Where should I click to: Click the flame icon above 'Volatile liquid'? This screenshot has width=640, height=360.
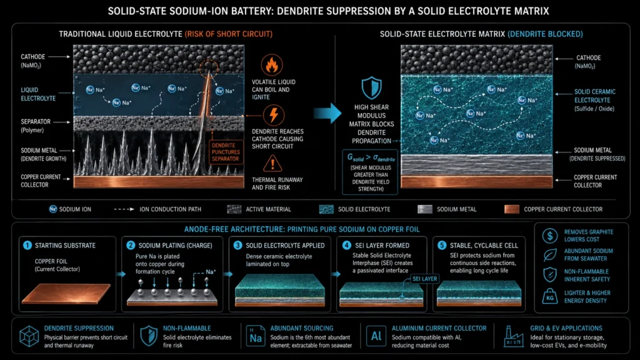point(272,65)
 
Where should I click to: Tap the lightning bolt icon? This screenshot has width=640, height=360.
point(274,115)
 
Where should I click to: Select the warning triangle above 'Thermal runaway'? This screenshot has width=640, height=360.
point(272,164)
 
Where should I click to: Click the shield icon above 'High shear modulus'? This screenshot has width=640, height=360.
point(371,87)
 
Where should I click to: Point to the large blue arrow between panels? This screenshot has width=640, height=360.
point(327,113)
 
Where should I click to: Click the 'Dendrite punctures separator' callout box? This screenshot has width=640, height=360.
point(226,152)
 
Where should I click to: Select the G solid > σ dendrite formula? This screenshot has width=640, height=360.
point(371,157)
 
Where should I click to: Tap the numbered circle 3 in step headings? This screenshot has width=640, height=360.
point(237,245)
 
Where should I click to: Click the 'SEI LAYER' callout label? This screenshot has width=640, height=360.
point(424,279)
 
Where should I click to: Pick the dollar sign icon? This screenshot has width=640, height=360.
point(550,236)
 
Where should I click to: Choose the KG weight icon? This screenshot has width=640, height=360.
point(550,296)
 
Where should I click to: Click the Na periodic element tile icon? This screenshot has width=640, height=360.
point(256,336)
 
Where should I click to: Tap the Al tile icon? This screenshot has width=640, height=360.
point(376,336)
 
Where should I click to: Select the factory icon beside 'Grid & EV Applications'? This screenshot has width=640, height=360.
point(513,336)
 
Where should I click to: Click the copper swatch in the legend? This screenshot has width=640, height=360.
point(512,209)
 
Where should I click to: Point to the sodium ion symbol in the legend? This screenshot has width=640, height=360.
point(52,209)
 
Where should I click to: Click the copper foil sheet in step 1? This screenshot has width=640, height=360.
point(66,294)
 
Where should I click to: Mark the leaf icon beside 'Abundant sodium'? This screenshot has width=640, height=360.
point(550,255)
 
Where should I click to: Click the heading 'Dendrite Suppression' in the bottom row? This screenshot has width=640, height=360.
point(79,328)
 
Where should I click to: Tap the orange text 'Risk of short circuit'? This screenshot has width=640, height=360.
point(229,34)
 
